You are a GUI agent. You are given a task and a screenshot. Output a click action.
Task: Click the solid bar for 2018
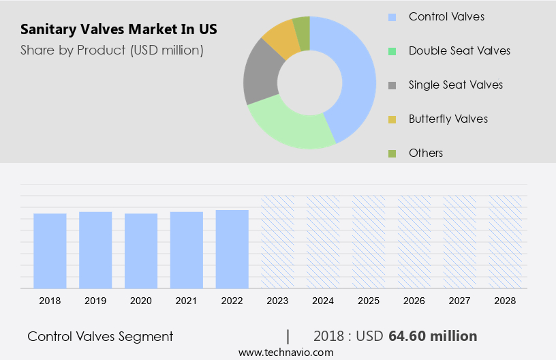click(x=50, y=250)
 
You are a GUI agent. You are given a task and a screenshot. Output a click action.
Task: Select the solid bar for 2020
click(x=141, y=250)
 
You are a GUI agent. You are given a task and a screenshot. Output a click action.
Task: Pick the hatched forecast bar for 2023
click(x=278, y=241)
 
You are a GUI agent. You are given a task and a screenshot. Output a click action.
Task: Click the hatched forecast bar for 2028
click(x=506, y=241)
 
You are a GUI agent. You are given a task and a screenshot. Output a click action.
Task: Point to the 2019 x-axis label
click(x=95, y=300)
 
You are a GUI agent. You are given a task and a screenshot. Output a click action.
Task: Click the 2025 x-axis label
click(x=369, y=300)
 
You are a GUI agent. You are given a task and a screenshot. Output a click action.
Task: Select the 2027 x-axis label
click(x=460, y=300)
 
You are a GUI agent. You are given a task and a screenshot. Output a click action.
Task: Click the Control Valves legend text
click(x=446, y=16)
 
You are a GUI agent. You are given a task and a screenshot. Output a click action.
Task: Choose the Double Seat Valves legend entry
click(x=459, y=50)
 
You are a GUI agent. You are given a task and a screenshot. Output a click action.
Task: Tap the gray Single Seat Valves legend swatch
click(x=392, y=85)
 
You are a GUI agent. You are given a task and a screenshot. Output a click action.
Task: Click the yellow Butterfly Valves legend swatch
click(x=392, y=119)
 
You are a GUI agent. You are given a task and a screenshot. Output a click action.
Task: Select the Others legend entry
click(x=426, y=153)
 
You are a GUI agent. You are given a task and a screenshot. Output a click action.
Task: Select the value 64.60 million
click(x=433, y=336)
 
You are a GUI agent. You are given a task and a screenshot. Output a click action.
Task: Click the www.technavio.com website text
click(x=285, y=352)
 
